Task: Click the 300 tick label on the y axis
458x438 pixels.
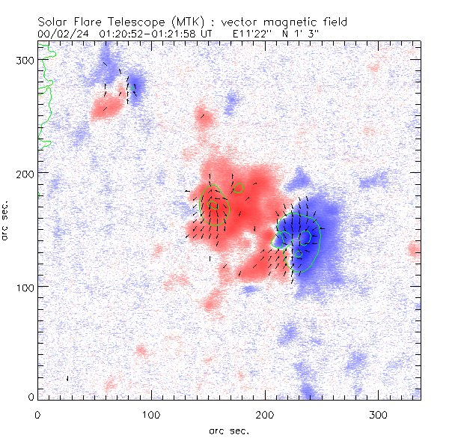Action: pyautogui.click(x=26, y=59)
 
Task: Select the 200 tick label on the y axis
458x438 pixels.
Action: pyautogui.click(x=26, y=173)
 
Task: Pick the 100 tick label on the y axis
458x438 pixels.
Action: pyautogui.click(x=26, y=287)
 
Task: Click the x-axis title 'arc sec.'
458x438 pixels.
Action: pyautogui.click(x=228, y=431)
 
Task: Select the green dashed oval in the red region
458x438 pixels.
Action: pyautogui.click(x=216, y=204)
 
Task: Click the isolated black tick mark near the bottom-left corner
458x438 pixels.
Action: pyautogui.click(x=68, y=379)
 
